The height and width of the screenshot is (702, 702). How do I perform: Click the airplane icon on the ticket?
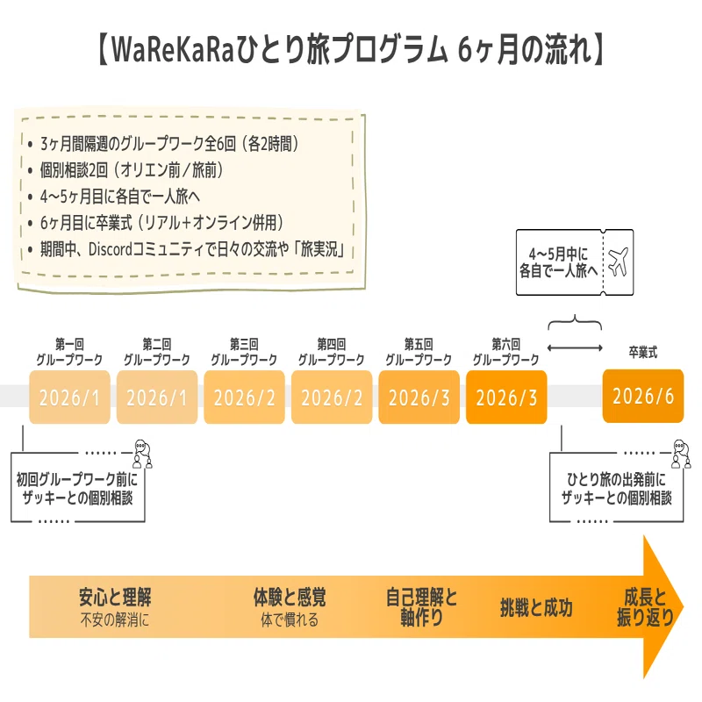619,261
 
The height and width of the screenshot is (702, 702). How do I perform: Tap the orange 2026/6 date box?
643,396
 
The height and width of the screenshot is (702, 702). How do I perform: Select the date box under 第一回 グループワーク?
69,397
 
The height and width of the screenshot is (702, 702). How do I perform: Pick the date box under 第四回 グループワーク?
332,397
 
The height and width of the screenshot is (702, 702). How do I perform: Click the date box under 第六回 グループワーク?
506,397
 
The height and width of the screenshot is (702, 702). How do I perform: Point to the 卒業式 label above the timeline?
643,353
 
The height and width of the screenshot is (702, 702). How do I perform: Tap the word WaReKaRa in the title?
172,49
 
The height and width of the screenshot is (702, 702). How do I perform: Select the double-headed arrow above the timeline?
575,347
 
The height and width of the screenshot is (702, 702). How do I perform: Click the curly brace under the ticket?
575,323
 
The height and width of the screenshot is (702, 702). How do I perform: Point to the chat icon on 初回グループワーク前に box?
143,454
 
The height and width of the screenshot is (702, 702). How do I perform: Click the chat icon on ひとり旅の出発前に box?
681,454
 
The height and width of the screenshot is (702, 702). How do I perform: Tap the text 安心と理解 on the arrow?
115,597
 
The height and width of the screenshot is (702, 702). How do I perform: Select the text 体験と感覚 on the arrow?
290,597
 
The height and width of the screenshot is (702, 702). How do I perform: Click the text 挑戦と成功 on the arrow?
536,607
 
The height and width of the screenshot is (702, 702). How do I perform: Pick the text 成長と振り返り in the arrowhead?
645,607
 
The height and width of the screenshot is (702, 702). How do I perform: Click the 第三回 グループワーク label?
244,352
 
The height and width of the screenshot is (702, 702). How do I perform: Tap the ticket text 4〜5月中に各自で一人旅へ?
559,262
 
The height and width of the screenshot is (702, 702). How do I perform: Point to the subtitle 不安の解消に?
115,620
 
